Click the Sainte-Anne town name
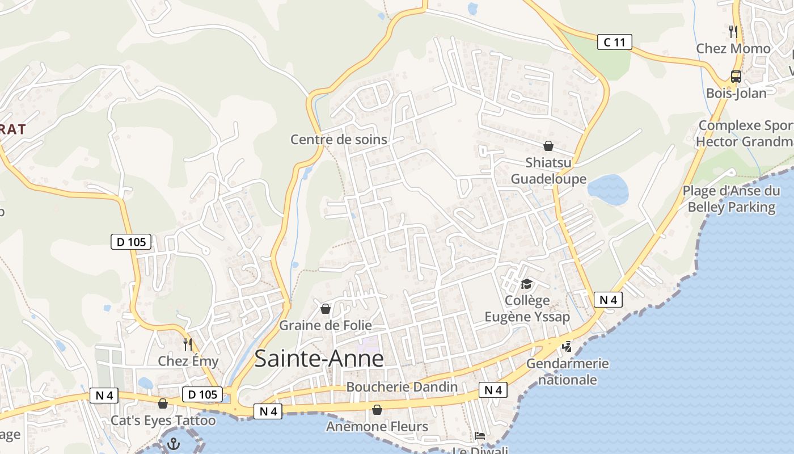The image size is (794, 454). (x=319, y=359)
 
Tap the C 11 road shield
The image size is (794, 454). (x=614, y=41)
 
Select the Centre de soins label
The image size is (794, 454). (x=339, y=139)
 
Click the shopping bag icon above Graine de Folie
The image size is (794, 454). (x=326, y=309)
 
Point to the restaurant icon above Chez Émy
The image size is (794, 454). (x=188, y=344)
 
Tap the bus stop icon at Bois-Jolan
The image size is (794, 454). (x=736, y=76)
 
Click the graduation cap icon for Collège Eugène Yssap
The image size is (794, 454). (x=526, y=284)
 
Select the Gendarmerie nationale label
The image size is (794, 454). (x=567, y=371)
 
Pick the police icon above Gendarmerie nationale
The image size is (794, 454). (x=566, y=346)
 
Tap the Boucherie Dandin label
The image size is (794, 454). (x=402, y=387)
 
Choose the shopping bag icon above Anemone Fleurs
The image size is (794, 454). (x=377, y=409)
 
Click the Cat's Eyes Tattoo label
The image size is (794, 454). (x=163, y=421)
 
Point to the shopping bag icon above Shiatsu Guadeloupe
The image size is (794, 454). (x=548, y=146)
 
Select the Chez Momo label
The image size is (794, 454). (x=733, y=48)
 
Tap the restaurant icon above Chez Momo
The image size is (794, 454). (x=733, y=31)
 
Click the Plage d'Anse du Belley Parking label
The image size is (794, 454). (x=731, y=199)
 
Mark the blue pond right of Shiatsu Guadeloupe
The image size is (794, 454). (x=608, y=189)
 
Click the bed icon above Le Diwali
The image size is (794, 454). (x=480, y=436)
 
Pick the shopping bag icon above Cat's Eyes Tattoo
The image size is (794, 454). (x=163, y=403)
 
